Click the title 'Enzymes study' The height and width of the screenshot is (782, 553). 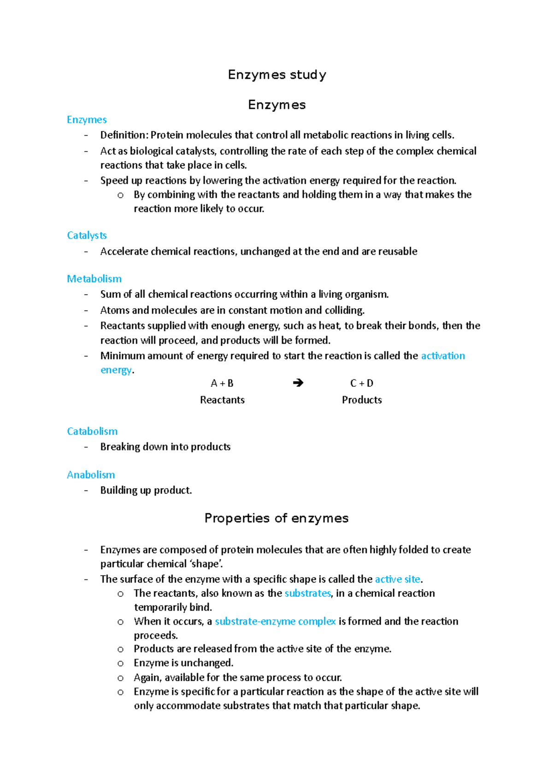click(277, 75)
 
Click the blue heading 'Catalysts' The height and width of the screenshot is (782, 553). click(87, 235)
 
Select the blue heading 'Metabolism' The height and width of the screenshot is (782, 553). click(94, 279)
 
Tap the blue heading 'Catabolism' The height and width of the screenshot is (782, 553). click(92, 431)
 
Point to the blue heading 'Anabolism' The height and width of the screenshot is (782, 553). click(91, 474)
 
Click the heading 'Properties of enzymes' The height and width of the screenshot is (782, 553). click(276, 518)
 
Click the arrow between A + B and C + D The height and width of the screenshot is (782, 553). click(298, 383)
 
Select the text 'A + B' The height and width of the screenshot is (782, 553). click(222, 383)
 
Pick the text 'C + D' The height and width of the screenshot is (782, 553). click(362, 383)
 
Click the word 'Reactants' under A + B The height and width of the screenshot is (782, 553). click(222, 400)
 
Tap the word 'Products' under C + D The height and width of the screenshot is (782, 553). click(362, 400)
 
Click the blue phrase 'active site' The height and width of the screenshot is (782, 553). click(397, 579)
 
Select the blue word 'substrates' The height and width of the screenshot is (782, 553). click(307, 593)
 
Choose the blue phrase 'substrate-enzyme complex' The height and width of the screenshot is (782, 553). click(275, 621)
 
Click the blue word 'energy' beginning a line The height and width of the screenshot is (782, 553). click(116, 370)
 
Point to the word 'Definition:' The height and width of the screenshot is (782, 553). click(124, 135)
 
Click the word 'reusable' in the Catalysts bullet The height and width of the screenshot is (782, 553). click(398, 251)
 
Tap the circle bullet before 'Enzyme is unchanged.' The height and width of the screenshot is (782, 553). click(120, 664)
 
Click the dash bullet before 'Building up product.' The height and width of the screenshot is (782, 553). click(86, 490)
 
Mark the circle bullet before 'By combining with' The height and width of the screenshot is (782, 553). click(120, 195)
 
